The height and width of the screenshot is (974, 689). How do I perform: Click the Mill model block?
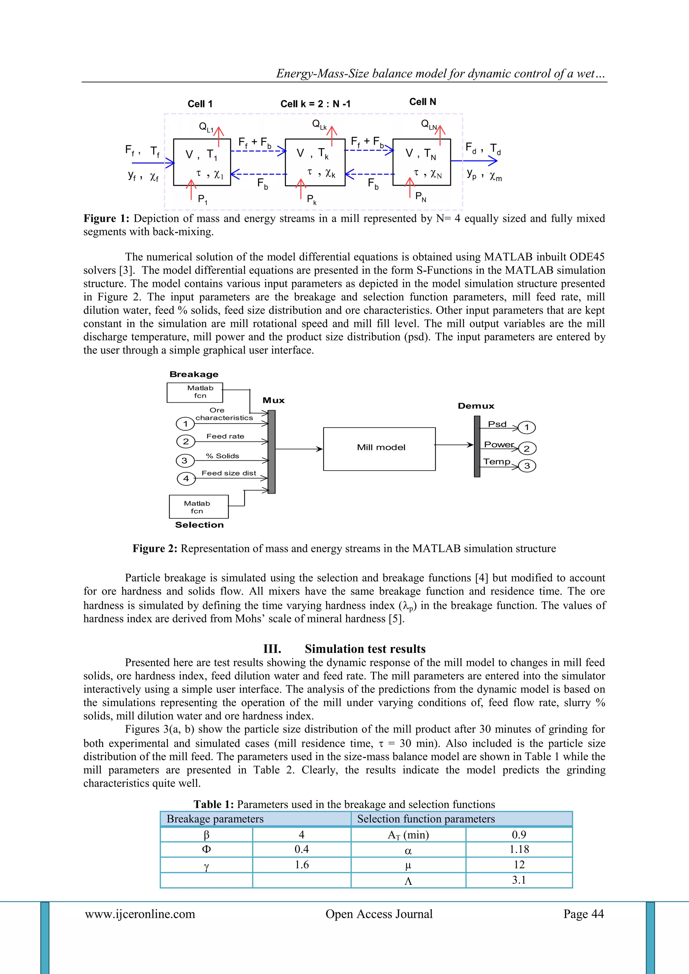pyautogui.click(x=379, y=448)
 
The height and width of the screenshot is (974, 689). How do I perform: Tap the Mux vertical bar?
pyautogui.click(x=271, y=452)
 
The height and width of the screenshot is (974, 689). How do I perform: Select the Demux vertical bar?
pyautogui.click(x=477, y=446)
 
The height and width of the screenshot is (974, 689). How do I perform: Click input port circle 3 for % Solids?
pyautogui.click(x=185, y=460)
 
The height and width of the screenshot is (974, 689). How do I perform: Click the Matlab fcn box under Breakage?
pyautogui.click(x=195, y=392)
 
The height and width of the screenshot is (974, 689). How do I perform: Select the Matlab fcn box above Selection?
pyautogui.click(x=198, y=507)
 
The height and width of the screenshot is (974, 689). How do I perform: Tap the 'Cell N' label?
pyautogui.click(x=422, y=102)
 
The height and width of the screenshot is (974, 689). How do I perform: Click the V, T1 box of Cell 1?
pyautogui.click(x=202, y=162)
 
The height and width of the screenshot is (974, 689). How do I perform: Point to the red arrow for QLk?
pyautogui.click(x=332, y=131)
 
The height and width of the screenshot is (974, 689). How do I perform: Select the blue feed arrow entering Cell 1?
pyautogui.click(x=153, y=163)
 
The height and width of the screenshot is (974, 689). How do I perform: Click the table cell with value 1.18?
pyautogui.click(x=519, y=849)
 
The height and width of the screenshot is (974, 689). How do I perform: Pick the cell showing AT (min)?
pyautogui.click(x=408, y=835)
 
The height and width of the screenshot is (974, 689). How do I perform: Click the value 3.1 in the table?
pyautogui.click(x=519, y=880)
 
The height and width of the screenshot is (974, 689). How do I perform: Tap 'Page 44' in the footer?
pyautogui.click(x=583, y=914)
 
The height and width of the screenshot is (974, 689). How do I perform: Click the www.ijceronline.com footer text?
pyautogui.click(x=140, y=914)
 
